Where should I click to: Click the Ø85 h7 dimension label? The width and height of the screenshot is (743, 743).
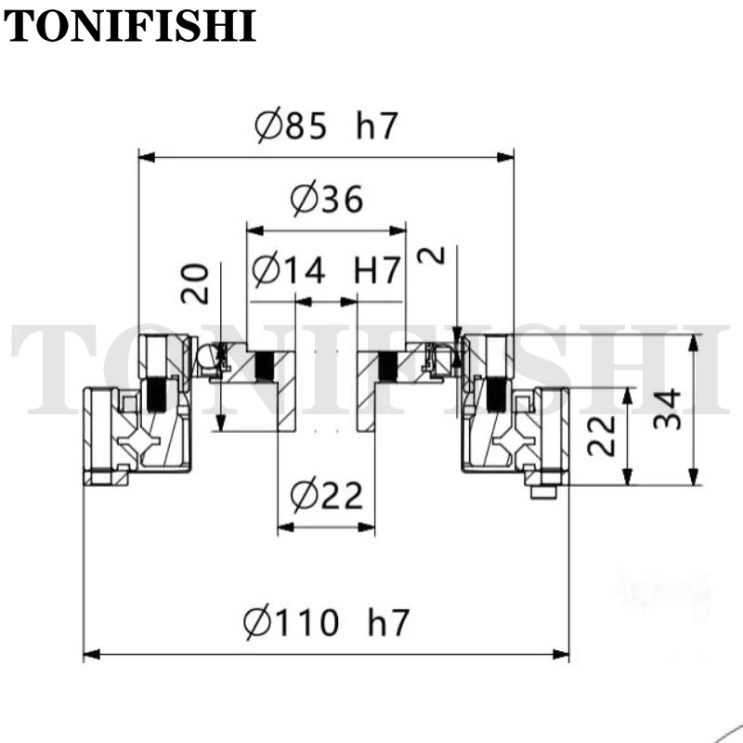(x=326, y=124)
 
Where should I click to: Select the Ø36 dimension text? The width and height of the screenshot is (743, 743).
(x=327, y=198)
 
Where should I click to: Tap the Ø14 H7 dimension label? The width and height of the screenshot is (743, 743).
(x=326, y=270)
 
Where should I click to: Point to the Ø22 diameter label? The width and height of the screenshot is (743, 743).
(x=327, y=496)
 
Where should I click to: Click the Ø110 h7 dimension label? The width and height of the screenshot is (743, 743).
(x=326, y=621)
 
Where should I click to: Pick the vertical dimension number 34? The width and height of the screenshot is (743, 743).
(x=667, y=410)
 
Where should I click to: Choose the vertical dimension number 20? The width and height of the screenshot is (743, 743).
(x=195, y=284)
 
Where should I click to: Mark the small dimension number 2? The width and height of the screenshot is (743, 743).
(x=431, y=254)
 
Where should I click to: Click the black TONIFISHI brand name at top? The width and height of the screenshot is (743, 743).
(x=130, y=26)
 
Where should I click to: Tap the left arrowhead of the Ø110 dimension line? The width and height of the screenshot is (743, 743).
(x=91, y=655)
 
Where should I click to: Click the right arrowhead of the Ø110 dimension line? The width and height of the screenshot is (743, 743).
(x=561, y=655)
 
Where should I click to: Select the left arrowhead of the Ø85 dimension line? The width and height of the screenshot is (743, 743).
(x=147, y=157)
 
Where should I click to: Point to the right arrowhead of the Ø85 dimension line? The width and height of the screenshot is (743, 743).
(x=505, y=157)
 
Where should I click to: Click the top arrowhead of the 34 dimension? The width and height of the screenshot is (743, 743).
(x=693, y=343)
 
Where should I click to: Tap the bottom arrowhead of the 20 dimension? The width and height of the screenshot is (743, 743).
(x=221, y=423)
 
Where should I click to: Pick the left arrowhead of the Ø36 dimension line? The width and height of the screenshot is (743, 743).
(x=254, y=230)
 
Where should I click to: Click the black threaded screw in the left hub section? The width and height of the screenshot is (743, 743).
(x=265, y=366)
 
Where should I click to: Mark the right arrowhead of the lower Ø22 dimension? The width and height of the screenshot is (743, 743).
(x=366, y=527)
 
